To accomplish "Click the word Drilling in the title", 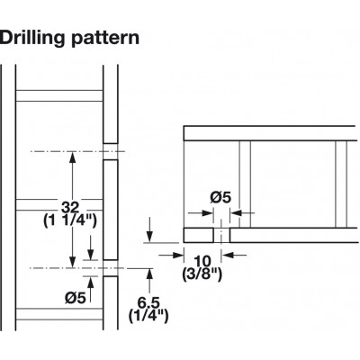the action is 32,39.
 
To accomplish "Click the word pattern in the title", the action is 105,39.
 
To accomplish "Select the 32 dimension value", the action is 70,207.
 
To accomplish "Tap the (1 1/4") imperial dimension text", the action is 70,221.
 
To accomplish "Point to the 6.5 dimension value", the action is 148,302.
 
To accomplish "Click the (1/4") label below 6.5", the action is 148,316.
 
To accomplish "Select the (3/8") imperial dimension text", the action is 202,274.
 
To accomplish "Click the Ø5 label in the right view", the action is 220,198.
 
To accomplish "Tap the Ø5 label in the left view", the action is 76,298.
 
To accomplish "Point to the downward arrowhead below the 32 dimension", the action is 72,262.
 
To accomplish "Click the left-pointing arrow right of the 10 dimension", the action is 234,256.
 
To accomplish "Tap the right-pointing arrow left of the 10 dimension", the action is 171,256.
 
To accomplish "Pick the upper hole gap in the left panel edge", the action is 111,151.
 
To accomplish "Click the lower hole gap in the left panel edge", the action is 111,268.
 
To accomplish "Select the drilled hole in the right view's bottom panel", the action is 221,235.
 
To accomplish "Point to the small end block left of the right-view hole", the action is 198,235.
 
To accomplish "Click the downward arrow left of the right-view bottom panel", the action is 149,230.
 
